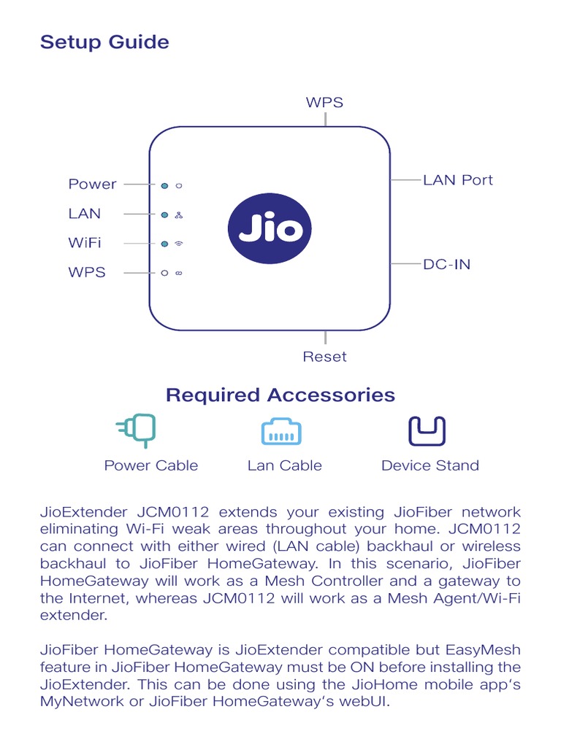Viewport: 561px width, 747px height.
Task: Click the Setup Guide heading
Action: point(104,42)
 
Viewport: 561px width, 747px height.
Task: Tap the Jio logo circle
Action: point(270,228)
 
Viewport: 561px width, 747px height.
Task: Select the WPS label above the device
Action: point(324,103)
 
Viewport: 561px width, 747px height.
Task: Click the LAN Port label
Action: point(458,180)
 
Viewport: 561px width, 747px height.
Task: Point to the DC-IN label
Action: point(447,264)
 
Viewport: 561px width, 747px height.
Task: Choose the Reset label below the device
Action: point(325,357)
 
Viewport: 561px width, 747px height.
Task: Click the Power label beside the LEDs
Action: point(92,185)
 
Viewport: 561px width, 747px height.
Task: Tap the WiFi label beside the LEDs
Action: point(85,243)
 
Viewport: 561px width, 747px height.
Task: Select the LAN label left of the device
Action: point(85,214)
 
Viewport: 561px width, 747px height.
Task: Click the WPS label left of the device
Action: point(87,273)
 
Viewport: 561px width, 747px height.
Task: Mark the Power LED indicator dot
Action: point(165,185)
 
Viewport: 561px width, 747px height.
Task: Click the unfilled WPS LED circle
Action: point(165,273)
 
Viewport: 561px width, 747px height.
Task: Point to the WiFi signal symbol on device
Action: point(178,244)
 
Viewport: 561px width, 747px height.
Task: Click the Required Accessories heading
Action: point(280,395)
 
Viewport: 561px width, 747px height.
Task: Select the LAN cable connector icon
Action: point(282,432)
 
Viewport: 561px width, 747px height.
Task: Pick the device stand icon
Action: point(427,431)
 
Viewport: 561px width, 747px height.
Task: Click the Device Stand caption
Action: point(430,465)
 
